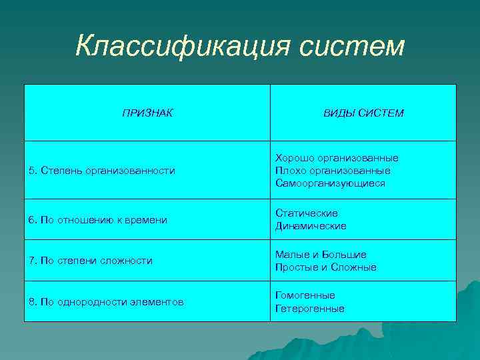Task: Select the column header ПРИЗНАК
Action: pyautogui.click(x=147, y=113)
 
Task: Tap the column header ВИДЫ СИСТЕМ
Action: pyautogui.click(x=363, y=113)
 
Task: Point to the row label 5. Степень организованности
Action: pyautogui.click(x=102, y=171)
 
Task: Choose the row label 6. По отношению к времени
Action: pyautogui.click(x=97, y=220)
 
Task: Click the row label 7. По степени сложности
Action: pyautogui.click(x=91, y=261)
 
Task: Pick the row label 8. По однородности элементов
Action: pyautogui.click(x=106, y=302)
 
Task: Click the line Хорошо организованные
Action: pyautogui.click(x=337, y=158)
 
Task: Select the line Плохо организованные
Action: pyautogui.click(x=333, y=171)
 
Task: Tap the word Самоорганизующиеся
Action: pyautogui.click(x=330, y=183)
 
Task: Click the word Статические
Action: pyautogui.click(x=307, y=213)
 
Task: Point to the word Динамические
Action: pyautogui.click(x=311, y=226)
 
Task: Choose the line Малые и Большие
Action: pyautogui.click(x=321, y=255)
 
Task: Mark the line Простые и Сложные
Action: pyautogui.click(x=325, y=267)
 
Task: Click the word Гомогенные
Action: pyautogui.click(x=305, y=295)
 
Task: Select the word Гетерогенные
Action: pyautogui.click(x=309, y=309)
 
